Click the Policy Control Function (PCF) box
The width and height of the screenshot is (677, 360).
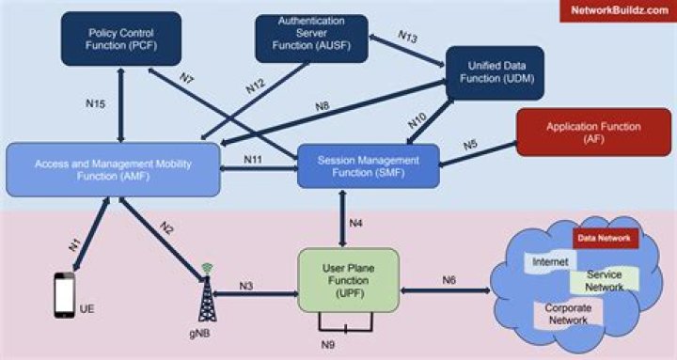pos(120,39)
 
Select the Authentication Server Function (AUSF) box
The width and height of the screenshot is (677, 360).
pos(311,37)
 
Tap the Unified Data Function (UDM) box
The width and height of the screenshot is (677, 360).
pos(494,72)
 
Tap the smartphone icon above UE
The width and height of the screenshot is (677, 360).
pos(64,295)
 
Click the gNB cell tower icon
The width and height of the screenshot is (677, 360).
pos(204,291)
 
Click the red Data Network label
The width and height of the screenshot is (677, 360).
pos(606,239)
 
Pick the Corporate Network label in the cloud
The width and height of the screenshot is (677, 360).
pos(567,314)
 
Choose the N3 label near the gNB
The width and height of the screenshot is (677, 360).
pos(247,285)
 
